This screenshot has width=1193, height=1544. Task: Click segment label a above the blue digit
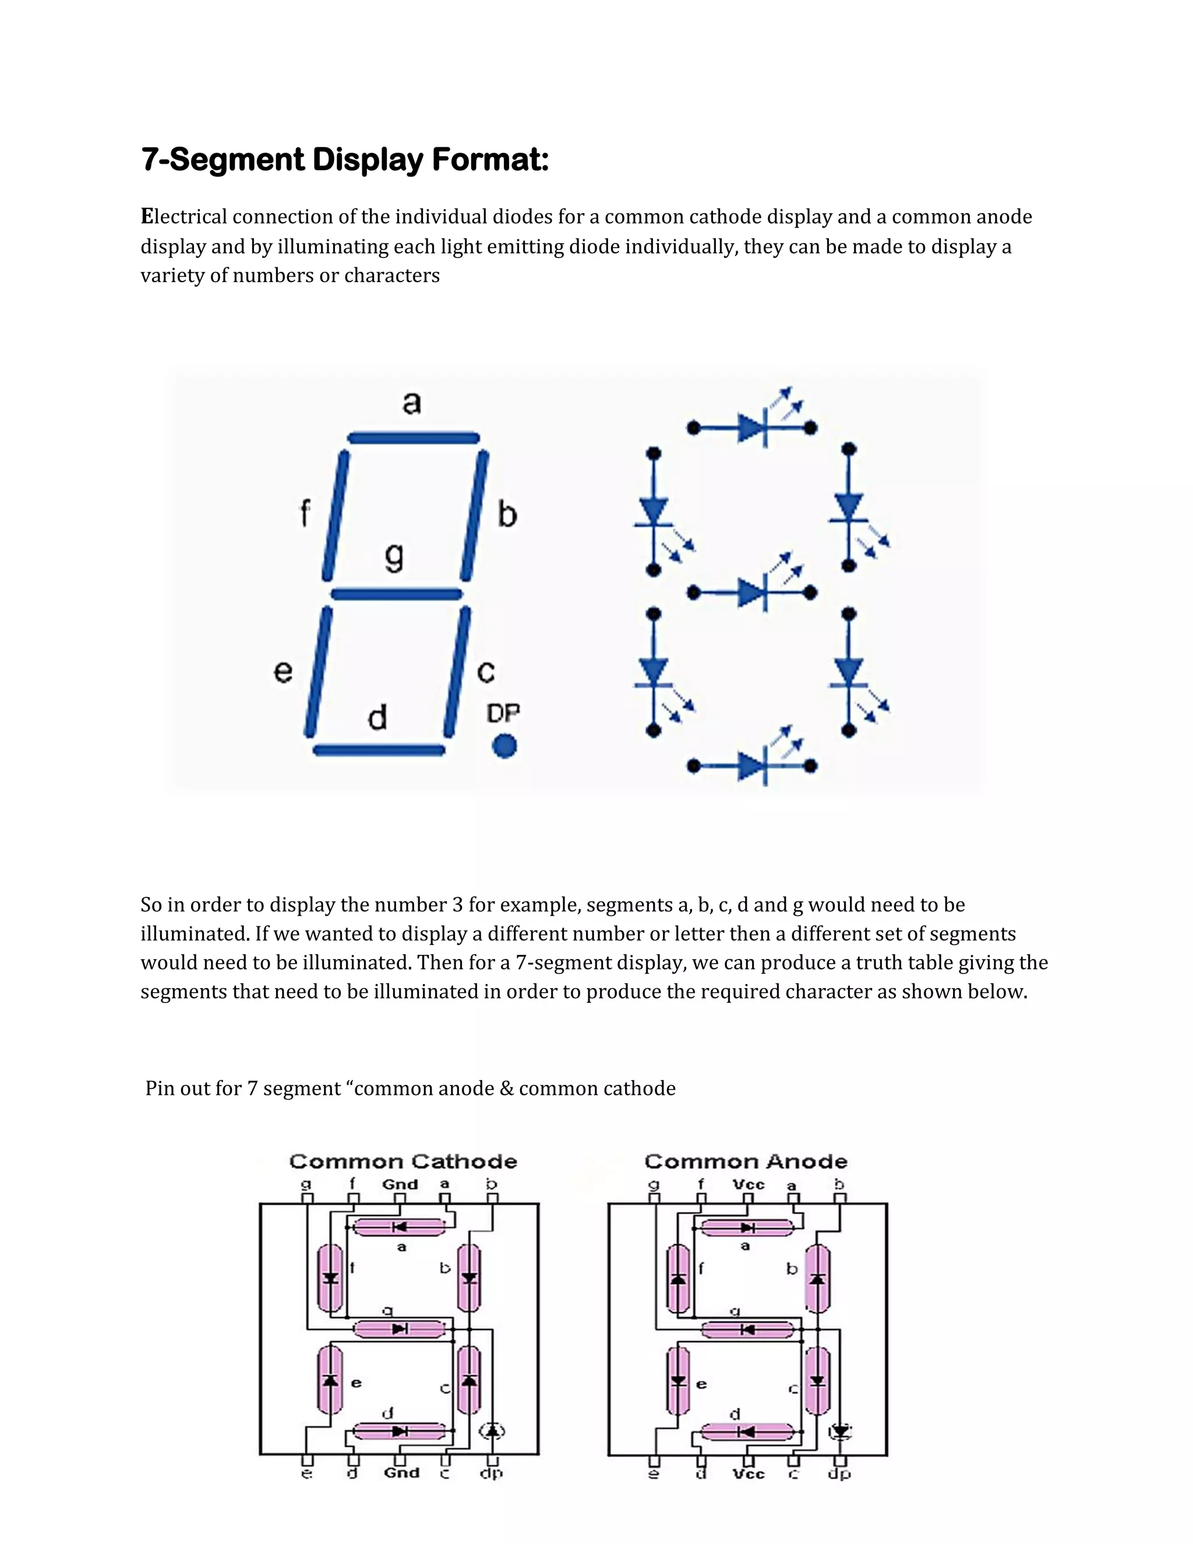click(x=412, y=403)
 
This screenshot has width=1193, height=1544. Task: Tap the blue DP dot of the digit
click(x=504, y=746)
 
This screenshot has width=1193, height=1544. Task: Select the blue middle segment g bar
click(x=397, y=594)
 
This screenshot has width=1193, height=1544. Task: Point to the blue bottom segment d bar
click(x=379, y=750)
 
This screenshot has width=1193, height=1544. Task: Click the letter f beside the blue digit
click(x=305, y=513)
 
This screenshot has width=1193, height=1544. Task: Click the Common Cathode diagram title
click(x=403, y=1162)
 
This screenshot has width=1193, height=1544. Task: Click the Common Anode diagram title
click(x=746, y=1162)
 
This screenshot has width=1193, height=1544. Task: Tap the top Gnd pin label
click(x=400, y=1184)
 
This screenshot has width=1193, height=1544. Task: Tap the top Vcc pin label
click(x=749, y=1184)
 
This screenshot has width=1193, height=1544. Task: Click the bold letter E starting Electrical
click(x=147, y=216)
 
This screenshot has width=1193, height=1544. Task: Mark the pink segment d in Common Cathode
click(x=399, y=1432)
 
